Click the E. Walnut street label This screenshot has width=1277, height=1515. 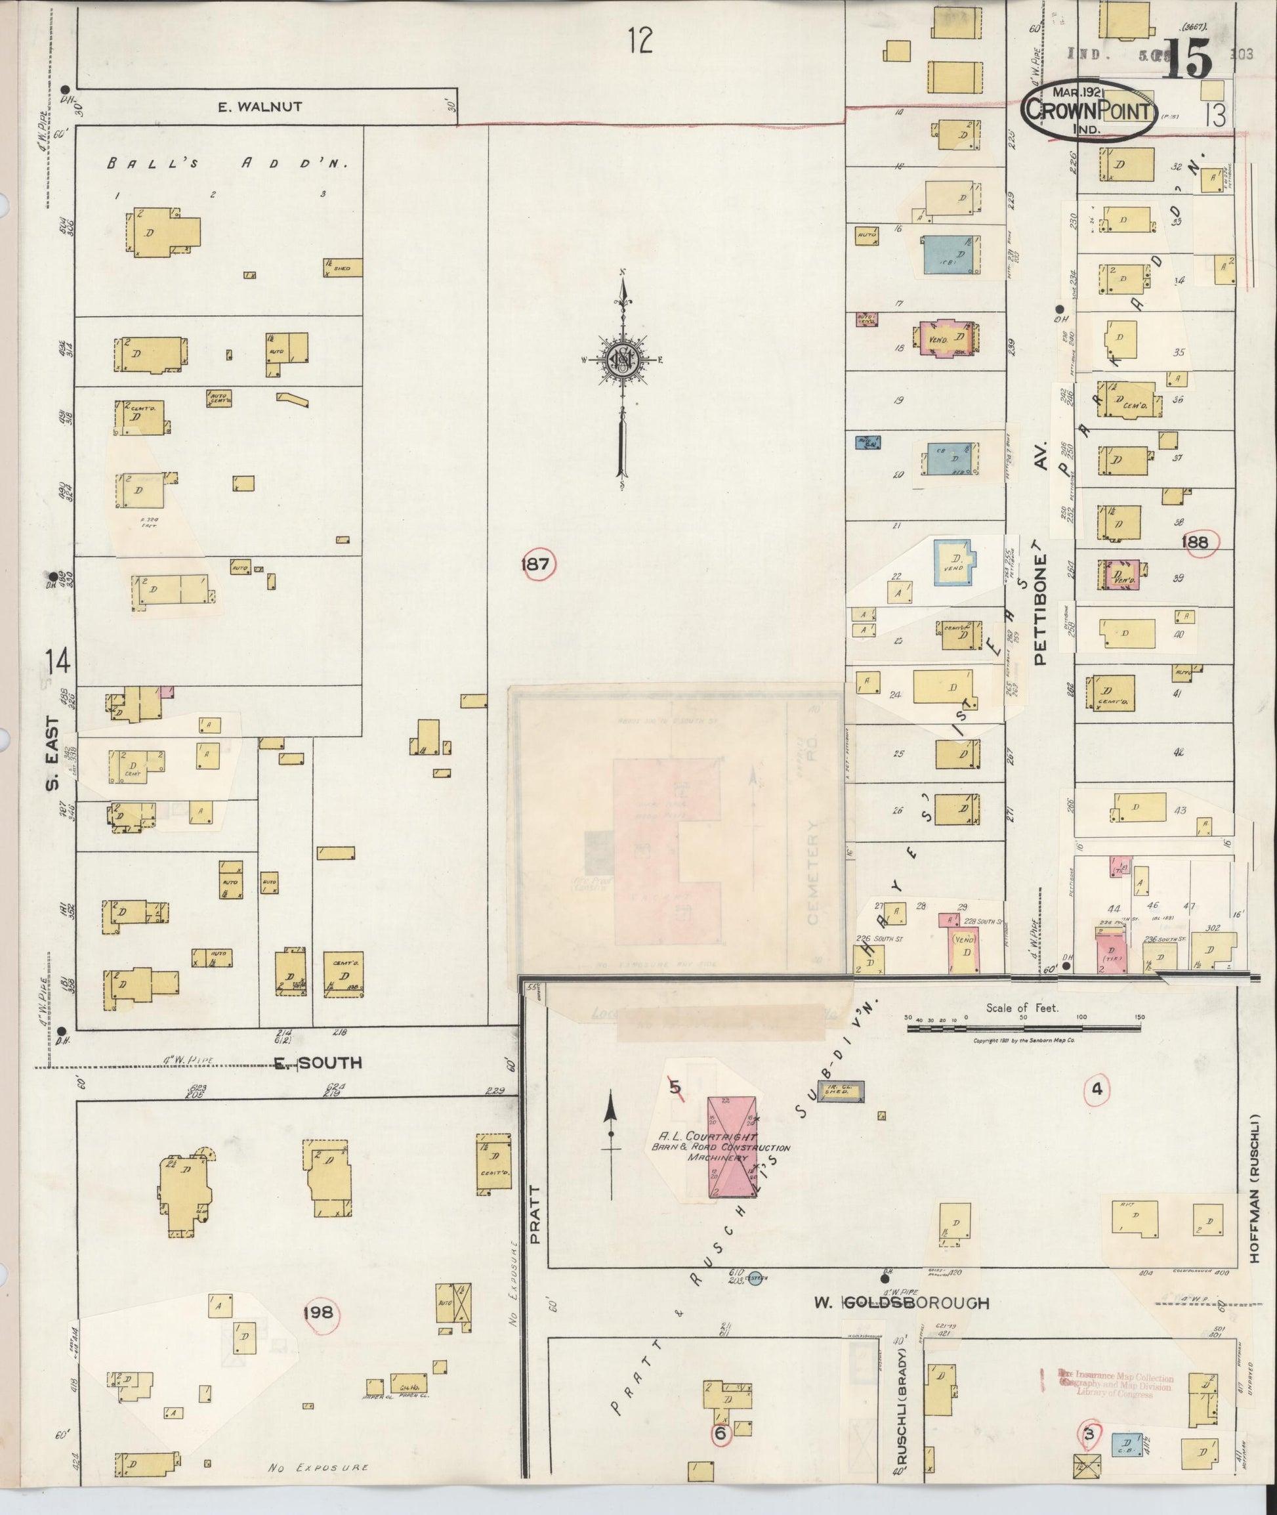(x=260, y=106)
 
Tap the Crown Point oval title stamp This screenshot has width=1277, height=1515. (x=1089, y=110)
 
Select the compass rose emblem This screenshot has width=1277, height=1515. (x=622, y=359)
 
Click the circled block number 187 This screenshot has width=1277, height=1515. (x=535, y=564)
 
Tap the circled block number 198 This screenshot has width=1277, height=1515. (x=321, y=1312)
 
